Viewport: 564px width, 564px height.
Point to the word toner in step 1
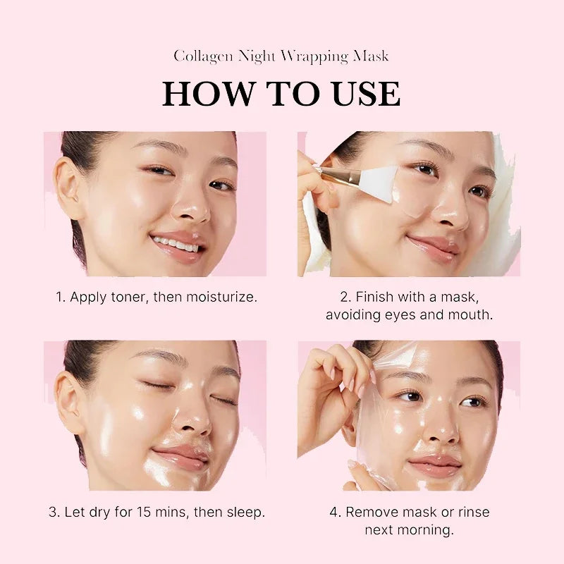(130, 297)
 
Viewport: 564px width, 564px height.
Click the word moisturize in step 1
(220, 297)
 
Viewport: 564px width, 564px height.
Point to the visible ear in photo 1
(68, 180)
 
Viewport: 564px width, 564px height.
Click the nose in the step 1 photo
(190, 208)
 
